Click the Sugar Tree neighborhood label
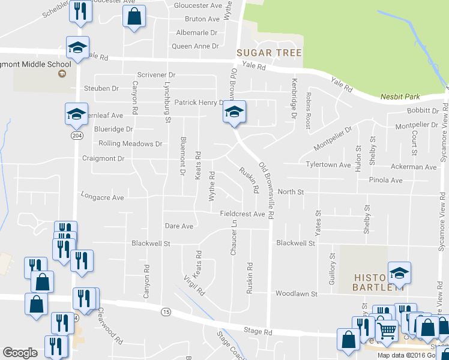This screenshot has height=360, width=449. tap(269, 53)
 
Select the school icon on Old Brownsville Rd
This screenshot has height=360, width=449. tap(235, 112)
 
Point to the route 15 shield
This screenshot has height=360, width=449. tap(166, 311)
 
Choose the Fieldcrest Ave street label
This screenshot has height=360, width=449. tap(242, 214)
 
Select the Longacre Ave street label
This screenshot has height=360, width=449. tap(102, 197)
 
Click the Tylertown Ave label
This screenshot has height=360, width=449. tap(328, 164)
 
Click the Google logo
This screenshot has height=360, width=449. tap(20, 353)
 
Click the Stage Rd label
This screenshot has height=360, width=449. tap(259, 331)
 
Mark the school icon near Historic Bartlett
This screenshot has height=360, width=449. tap(399, 274)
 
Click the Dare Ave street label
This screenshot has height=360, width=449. tap(179, 226)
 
